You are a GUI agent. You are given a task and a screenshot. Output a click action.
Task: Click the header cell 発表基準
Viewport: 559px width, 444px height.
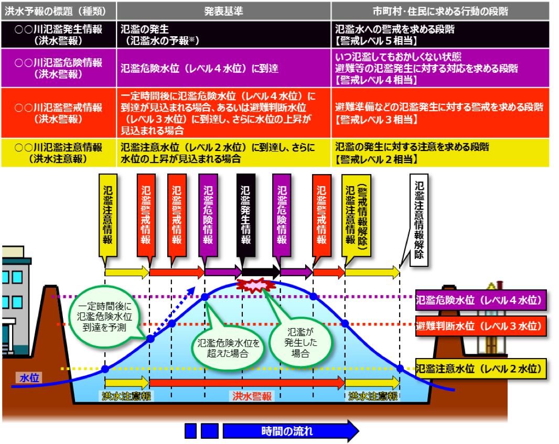click(223, 11)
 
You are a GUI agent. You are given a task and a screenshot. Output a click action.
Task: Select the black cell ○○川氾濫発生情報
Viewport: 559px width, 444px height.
click(58, 35)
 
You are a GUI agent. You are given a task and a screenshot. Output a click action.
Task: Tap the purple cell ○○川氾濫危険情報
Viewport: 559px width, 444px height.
click(58, 68)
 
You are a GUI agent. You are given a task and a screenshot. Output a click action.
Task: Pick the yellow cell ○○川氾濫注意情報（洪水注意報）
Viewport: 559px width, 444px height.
click(58, 153)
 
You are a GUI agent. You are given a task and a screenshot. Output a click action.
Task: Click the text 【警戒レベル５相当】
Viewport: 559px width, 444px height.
click(376, 40)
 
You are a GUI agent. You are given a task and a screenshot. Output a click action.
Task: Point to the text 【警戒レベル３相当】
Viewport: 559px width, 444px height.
click(376, 120)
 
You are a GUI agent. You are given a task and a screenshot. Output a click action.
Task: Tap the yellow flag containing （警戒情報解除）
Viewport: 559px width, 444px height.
click(356, 215)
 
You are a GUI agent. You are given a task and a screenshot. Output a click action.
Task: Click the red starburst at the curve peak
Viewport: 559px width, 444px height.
click(254, 285)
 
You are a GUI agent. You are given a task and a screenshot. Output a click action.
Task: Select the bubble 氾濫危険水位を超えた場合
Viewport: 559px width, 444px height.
click(228, 348)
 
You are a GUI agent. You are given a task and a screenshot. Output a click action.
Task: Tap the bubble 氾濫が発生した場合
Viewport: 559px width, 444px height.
click(300, 342)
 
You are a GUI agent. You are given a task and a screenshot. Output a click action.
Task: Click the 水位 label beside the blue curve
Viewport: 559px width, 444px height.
click(29, 378)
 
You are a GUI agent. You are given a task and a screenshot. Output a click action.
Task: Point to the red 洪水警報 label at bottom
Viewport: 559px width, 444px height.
click(252, 396)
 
